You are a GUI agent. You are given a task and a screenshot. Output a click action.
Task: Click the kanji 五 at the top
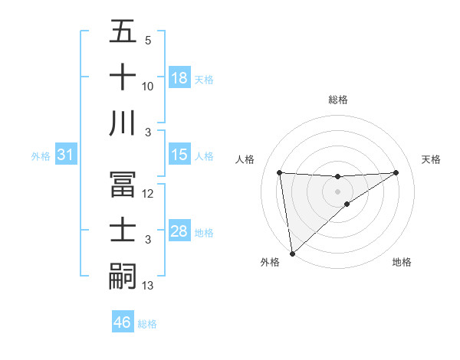pyautogui.click(x=123, y=33)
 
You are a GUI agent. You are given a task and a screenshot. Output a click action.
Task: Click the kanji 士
pyautogui.click(x=123, y=231)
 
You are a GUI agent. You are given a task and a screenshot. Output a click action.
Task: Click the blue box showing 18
pyautogui.click(x=179, y=79)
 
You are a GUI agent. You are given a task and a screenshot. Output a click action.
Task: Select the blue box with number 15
pyautogui.click(x=179, y=155)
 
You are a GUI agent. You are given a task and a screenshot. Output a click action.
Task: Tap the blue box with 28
pyautogui.click(x=179, y=232)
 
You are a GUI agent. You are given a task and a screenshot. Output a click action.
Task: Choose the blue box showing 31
pyautogui.click(x=66, y=155)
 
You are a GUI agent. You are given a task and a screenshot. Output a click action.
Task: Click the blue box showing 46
pyautogui.click(x=123, y=322)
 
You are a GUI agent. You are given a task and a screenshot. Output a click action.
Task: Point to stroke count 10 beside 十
pyautogui.click(x=149, y=87)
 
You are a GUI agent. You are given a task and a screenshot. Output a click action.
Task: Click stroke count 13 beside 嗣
pyautogui.click(x=149, y=286)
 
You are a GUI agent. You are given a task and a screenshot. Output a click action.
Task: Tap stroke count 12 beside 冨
pyautogui.click(x=149, y=195)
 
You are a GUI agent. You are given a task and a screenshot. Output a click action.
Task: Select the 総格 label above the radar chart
pyautogui.click(x=338, y=100)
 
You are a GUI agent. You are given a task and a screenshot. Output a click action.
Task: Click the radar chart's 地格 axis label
pyautogui.click(x=402, y=263)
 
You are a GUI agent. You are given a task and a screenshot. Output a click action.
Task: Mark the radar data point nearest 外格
pyautogui.click(x=292, y=253)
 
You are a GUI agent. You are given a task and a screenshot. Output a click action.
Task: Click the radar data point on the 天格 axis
pyautogui.click(x=396, y=172)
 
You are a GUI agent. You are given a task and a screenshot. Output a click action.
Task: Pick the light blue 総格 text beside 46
pyautogui.click(x=147, y=324)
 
